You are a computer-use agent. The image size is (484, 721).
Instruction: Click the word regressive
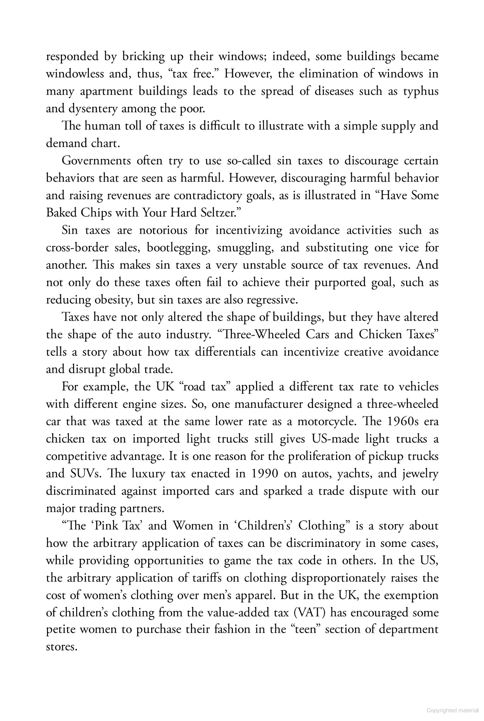coord(272,300)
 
